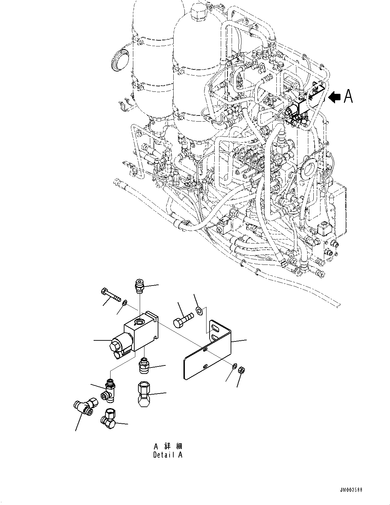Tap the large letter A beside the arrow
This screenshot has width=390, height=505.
coord(348,97)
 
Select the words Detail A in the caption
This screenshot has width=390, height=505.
coord(168,455)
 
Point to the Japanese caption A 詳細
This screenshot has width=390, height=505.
coord(168,446)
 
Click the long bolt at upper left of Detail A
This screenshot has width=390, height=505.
coord(111,295)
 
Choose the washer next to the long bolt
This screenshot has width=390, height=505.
coord(124,302)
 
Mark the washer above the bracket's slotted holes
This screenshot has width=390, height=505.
coord(199,309)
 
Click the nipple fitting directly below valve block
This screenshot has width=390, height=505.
coord(144,366)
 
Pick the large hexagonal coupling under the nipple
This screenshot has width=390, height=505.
coord(144,393)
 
